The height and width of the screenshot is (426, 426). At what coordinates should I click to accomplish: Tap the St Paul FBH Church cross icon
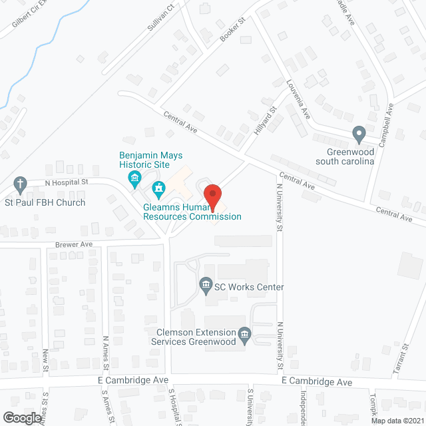click(21, 183)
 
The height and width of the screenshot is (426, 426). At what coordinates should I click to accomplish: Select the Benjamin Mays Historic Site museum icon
click(134, 177)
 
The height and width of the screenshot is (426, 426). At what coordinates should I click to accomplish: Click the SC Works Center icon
click(206, 287)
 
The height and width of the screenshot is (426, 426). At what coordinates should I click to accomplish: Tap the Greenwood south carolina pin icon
click(359, 134)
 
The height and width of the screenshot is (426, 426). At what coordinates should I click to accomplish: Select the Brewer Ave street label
click(74, 244)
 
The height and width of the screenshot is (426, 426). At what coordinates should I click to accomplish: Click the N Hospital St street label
click(66, 182)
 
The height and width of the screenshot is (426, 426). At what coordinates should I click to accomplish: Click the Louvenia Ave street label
click(297, 100)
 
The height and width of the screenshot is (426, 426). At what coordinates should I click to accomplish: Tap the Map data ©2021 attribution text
click(397, 420)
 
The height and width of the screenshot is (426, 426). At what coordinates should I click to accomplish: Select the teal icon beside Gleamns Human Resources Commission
click(159, 190)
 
